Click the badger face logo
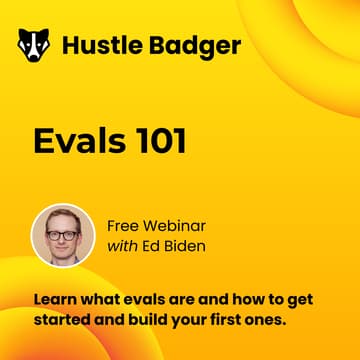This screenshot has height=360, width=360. pyautogui.click(x=35, y=45)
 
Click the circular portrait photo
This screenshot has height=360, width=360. pyautogui.click(x=62, y=235)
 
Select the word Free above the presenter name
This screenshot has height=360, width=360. pyautogui.click(x=125, y=225)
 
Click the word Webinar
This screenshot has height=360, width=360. pyautogui.click(x=180, y=225)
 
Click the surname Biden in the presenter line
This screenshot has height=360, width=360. pyautogui.click(x=192, y=246)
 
